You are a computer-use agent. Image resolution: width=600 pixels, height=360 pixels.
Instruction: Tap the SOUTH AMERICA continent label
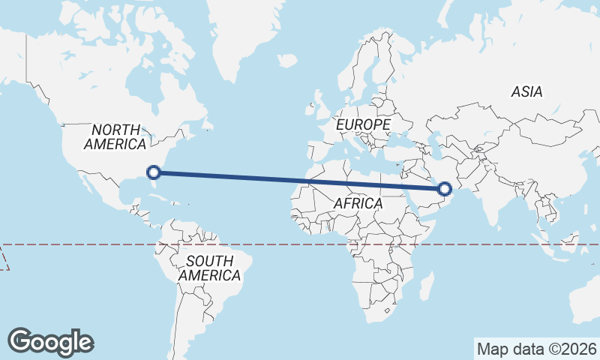click(209, 268)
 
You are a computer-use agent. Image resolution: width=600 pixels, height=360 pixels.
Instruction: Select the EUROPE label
click(364, 124)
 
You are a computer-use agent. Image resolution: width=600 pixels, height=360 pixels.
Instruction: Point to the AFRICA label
click(358, 203)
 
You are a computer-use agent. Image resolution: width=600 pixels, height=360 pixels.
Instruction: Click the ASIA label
click(526, 91)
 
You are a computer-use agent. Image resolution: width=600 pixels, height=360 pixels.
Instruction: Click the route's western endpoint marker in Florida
click(154, 172)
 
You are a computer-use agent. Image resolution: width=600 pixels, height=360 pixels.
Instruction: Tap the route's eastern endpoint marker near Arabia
click(445, 188)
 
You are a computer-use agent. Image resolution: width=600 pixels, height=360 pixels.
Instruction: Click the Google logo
click(51, 341)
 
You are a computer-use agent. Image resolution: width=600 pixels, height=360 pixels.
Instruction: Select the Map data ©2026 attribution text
click(536, 349)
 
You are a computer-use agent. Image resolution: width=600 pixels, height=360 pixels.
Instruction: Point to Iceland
click(286, 60)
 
